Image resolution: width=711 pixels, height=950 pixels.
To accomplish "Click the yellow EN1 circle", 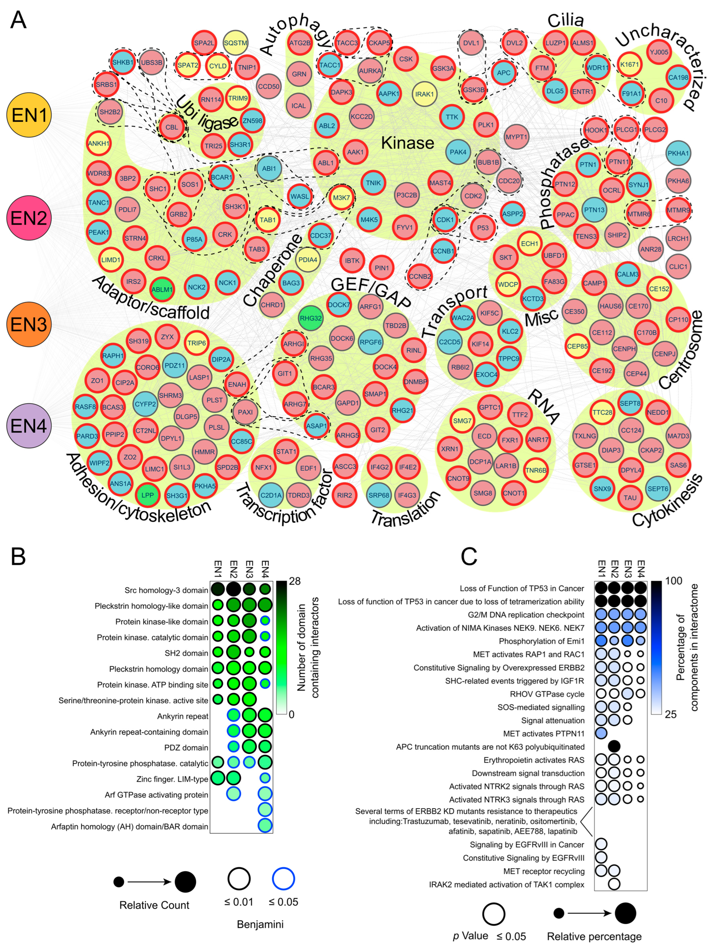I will (29, 115).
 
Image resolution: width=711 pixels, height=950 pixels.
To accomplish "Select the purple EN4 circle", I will (29, 426).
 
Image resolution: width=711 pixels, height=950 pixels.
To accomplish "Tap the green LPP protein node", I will (148, 495).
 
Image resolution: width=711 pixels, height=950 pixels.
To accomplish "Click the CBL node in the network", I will (172, 127).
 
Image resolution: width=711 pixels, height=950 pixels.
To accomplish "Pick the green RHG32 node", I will (310, 318).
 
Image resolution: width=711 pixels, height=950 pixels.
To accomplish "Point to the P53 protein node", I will (483, 228).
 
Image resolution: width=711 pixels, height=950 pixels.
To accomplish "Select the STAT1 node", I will (286, 451).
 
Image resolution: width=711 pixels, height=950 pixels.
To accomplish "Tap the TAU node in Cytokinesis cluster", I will (630, 497).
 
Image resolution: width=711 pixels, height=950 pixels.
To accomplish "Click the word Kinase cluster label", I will (407, 143).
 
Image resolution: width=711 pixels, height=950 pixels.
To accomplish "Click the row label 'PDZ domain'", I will (186, 748).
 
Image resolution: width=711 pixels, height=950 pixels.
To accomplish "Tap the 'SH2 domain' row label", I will (186, 653).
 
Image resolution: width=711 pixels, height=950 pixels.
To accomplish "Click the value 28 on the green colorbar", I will (294, 581).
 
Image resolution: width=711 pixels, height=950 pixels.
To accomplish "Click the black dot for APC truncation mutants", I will (614, 747).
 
